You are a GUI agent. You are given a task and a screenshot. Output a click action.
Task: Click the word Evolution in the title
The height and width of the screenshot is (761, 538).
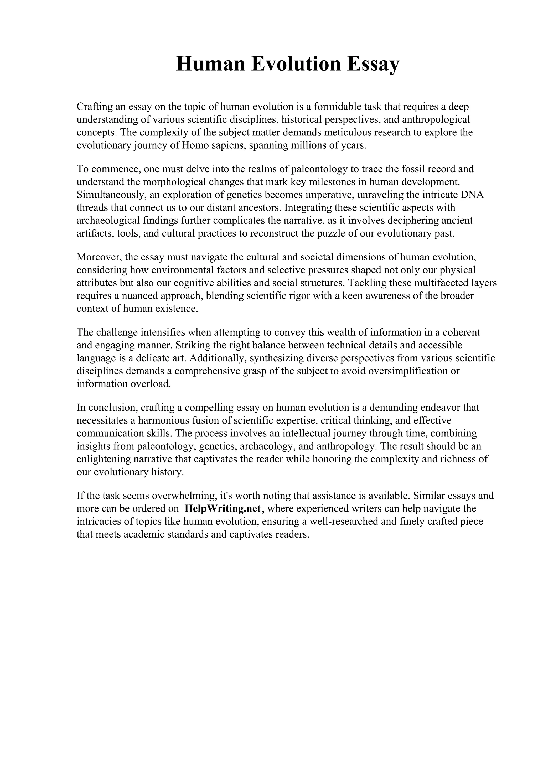(x=296, y=64)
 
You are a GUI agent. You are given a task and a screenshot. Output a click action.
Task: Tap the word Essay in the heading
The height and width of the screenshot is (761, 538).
(x=373, y=64)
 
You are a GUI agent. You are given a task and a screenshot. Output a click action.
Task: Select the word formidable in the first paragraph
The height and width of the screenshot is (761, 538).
(x=338, y=107)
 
